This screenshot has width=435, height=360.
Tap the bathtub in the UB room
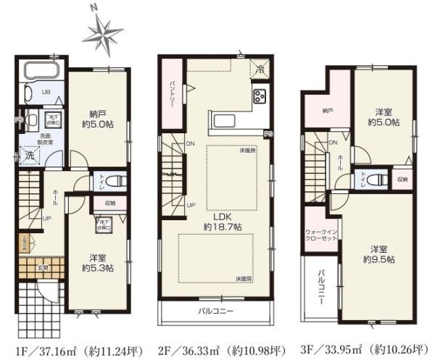pos(43,73)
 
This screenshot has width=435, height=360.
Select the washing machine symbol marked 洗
pos(29,154)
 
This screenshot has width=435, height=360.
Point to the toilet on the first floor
pos(100,179)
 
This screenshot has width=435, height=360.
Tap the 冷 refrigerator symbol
pos(260,69)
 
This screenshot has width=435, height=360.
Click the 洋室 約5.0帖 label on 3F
pos(382,117)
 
